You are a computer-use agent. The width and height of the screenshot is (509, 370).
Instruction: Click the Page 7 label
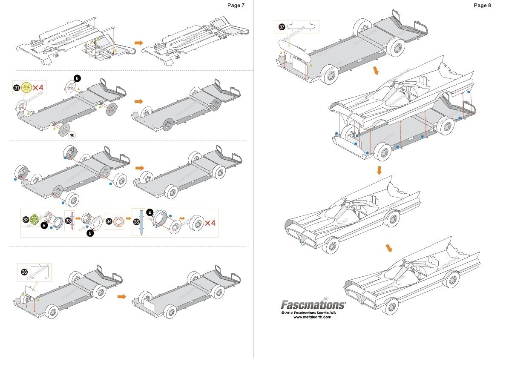[x=236, y=5]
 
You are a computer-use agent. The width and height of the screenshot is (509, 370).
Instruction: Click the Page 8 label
[x=482, y=5]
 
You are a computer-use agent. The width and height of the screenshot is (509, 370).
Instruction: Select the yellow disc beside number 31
[x=26, y=88]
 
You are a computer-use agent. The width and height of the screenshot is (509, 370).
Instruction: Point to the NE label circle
[x=73, y=135]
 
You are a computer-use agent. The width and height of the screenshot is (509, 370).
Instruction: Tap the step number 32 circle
[x=26, y=220]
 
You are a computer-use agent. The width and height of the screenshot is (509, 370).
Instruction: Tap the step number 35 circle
[x=136, y=222]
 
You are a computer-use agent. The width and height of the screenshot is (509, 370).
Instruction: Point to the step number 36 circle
[x=24, y=272]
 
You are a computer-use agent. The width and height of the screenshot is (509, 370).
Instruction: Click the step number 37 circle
[x=282, y=27]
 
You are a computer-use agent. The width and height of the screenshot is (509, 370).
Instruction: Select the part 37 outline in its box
[x=302, y=27]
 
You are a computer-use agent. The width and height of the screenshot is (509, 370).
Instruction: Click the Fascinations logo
[x=313, y=305]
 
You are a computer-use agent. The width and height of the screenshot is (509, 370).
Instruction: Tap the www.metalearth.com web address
[x=312, y=316]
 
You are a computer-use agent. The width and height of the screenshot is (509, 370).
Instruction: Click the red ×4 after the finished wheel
[x=210, y=222]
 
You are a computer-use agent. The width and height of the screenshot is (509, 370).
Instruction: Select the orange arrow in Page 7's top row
[x=138, y=43]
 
